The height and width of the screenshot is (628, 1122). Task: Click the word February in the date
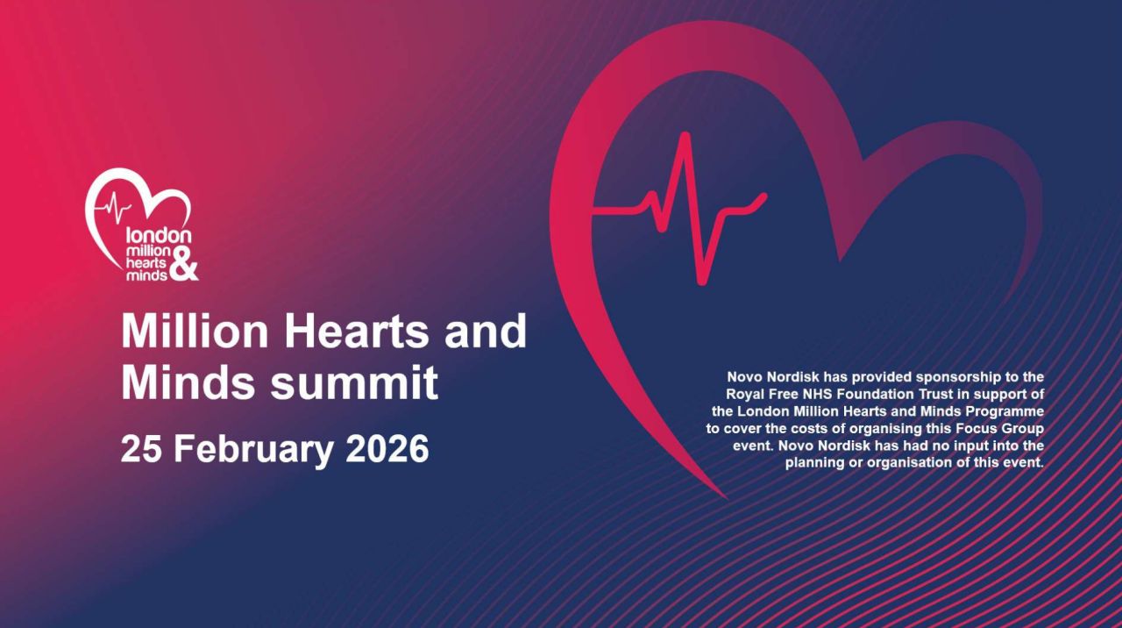tap(252, 449)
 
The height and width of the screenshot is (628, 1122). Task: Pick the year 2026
tap(387, 449)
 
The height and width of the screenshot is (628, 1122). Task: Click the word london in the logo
tap(159, 236)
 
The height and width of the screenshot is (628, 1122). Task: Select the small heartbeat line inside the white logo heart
tap(116, 210)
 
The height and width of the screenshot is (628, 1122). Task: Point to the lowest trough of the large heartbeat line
tap(700, 280)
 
